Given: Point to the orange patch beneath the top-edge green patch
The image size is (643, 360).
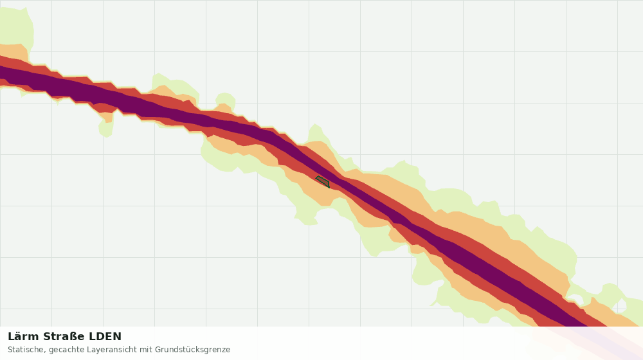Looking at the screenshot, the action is [x=12, y=52].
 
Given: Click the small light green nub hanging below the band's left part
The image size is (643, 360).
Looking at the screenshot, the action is [x=106, y=128].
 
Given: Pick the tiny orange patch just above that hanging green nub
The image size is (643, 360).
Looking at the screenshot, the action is [x=107, y=117].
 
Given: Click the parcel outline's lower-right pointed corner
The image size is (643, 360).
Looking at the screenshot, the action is [x=329, y=187].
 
